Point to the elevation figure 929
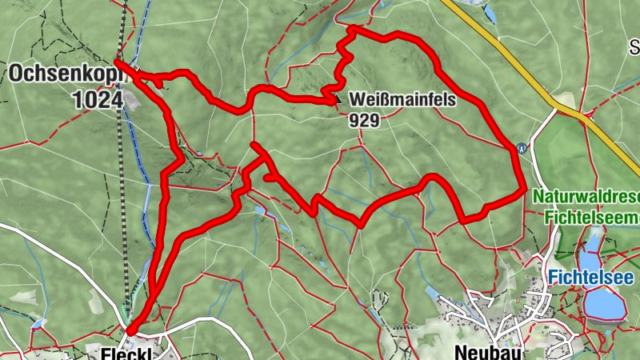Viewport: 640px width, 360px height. tap(363, 120)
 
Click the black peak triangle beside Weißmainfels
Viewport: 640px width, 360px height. tap(338, 100)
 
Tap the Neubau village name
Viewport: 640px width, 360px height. tap(481, 352)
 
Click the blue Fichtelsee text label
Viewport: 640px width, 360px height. tap(591, 278)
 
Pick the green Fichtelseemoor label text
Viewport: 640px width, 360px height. tap(592, 217)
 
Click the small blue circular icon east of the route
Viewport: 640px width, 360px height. tap(522, 148)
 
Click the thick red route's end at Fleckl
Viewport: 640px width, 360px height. tap(131, 328)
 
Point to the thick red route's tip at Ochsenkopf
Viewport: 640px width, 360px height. tap(118, 62)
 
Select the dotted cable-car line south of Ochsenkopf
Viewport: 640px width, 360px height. tap(123, 200)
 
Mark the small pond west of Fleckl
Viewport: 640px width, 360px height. tap(38, 323)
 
